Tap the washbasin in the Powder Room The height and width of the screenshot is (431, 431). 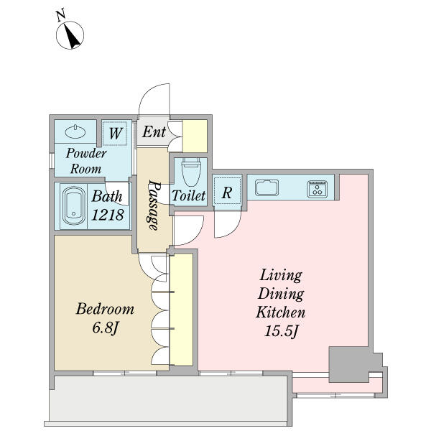click(x=75, y=131)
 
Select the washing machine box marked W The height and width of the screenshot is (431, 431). click(x=115, y=134)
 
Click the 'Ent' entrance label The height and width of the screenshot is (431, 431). click(x=154, y=131)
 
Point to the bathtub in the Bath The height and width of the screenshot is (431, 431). click(x=74, y=205)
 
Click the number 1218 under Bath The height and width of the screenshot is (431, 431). click(x=108, y=215)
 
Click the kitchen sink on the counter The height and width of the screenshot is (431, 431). click(x=267, y=187)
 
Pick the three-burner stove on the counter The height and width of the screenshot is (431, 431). click(x=318, y=189)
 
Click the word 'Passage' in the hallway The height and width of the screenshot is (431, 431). click(x=154, y=205)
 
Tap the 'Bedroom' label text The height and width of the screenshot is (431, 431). click(x=105, y=309)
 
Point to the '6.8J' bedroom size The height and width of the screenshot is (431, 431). click(x=106, y=328)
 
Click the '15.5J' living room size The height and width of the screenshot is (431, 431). click(x=281, y=331)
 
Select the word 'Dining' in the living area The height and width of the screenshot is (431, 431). click(x=281, y=294)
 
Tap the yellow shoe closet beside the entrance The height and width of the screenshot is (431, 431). click(x=195, y=136)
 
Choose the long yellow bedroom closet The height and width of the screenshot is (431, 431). click(x=181, y=310)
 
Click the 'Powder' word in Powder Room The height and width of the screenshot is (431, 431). click(x=86, y=154)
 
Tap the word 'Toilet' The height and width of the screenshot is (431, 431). click(x=188, y=195)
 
